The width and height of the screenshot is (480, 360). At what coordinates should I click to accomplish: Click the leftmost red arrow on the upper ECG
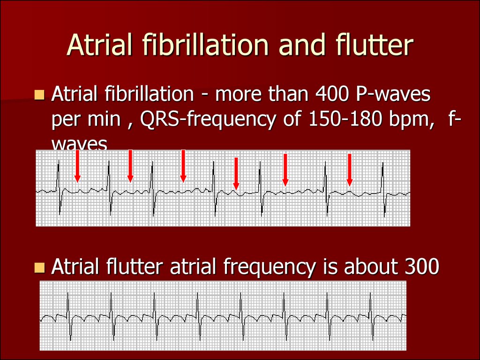(x=77, y=166)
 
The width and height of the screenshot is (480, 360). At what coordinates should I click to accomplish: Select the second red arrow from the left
(x=130, y=166)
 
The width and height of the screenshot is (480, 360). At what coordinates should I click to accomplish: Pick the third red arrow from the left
(x=183, y=166)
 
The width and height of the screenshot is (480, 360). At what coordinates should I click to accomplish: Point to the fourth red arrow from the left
(x=236, y=173)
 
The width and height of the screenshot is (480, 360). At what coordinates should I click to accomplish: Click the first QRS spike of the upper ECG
(x=59, y=187)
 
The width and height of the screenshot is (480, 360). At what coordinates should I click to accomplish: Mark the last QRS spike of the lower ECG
(x=371, y=316)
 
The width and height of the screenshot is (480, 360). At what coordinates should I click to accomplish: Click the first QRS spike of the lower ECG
(x=68, y=316)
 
